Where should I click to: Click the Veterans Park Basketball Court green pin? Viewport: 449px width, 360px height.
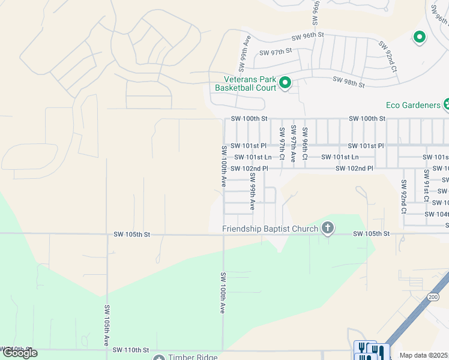point(285,83)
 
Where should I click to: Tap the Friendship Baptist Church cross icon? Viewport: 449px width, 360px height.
point(327,227)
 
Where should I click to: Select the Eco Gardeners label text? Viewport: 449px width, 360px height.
point(413,105)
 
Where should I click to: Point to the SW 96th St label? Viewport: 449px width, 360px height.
point(307,36)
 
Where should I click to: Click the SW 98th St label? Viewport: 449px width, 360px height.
point(349,82)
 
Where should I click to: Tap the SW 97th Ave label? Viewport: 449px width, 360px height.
point(293,144)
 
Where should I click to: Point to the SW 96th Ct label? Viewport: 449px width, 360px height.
point(305,144)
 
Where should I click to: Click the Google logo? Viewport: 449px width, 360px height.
point(19,353)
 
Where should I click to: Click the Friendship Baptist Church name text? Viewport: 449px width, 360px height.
point(270,229)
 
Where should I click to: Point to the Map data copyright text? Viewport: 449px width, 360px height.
point(424,355)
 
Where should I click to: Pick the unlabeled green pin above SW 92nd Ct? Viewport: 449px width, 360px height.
point(420,37)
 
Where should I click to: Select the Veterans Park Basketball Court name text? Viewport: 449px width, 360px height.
point(246,83)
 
